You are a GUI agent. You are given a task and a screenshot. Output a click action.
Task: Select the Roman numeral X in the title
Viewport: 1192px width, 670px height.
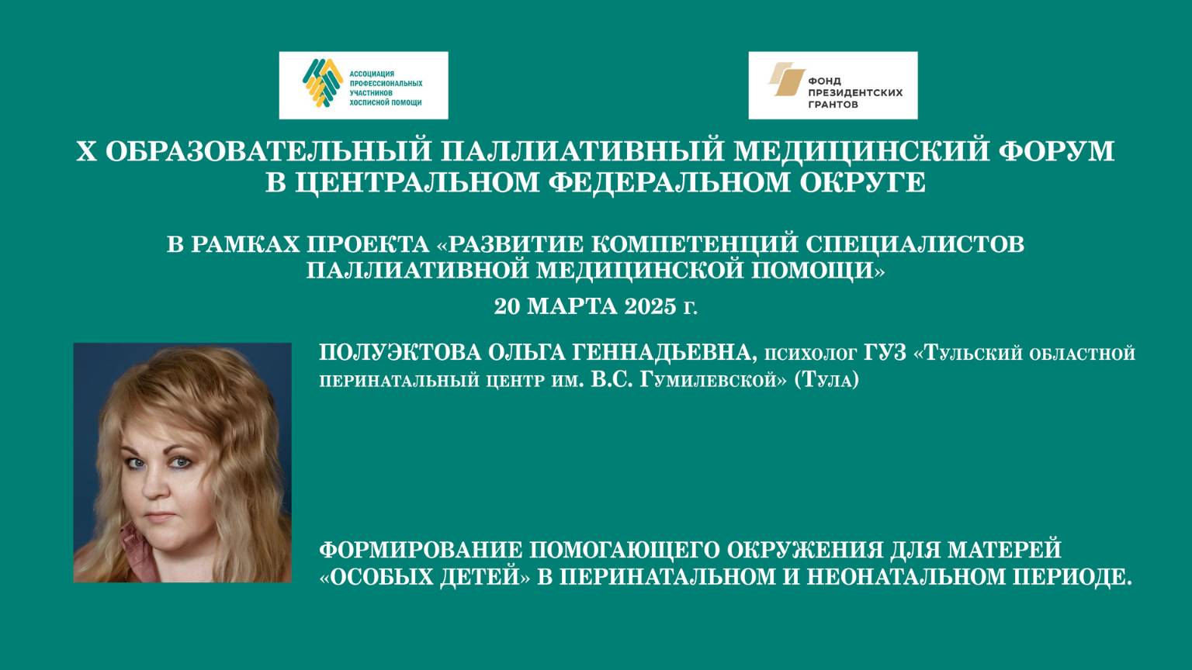85,150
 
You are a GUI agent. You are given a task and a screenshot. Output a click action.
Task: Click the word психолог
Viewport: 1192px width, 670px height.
811,355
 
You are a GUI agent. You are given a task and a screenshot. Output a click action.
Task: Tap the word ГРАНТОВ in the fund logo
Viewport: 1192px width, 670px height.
833,104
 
